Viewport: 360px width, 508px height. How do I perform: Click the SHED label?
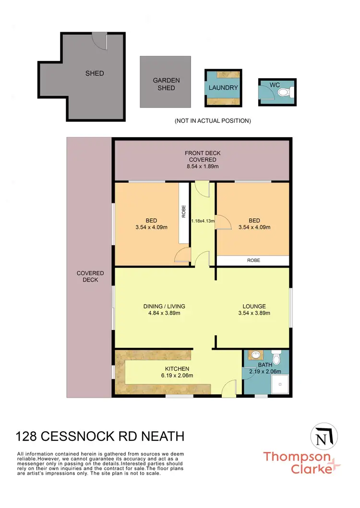point(95,73)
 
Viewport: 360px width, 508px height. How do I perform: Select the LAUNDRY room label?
point(223,88)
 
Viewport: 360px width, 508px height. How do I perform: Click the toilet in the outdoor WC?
point(284,92)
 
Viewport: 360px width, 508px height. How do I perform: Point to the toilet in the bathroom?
point(276,359)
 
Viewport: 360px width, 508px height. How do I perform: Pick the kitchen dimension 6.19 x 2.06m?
point(177,376)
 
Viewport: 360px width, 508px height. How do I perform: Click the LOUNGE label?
point(254,307)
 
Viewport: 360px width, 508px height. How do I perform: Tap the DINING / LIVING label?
point(164,307)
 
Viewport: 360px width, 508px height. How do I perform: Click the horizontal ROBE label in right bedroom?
point(253,261)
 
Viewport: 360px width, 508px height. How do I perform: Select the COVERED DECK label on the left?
point(90,276)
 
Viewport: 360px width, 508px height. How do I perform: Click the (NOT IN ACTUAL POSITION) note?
point(212,121)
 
